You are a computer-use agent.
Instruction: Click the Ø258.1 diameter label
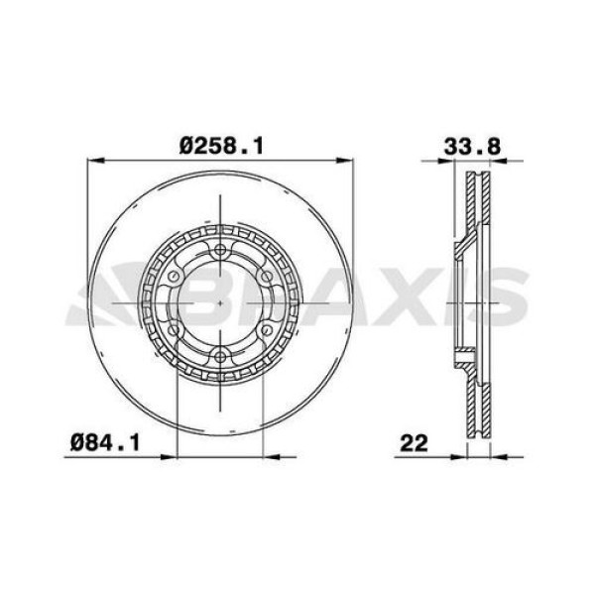[x=221, y=146]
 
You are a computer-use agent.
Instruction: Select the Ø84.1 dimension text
[x=105, y=443]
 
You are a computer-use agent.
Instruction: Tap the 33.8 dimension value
[x=472, y=147]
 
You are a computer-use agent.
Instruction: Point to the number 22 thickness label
[x=414, y=443]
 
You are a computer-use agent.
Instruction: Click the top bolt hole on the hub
[x=220, y=250]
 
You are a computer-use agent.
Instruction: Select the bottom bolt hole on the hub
[x=220, y=356]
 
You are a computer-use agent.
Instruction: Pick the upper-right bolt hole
[x=267, y=277]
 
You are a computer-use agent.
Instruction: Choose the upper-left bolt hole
[x=175, y=277]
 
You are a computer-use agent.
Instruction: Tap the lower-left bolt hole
[x=175, y=330]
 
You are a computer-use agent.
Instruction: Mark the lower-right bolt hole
[x=267, y=330]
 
